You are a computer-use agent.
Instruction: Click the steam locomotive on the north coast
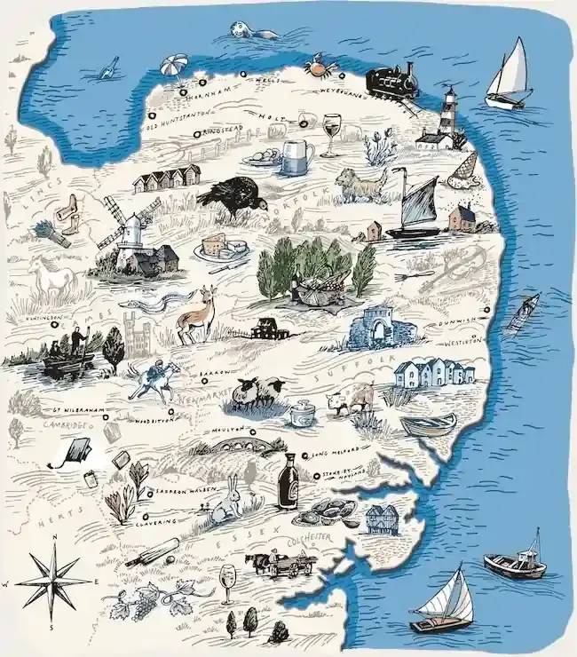point(391,81)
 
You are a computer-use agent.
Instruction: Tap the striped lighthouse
point(448,115)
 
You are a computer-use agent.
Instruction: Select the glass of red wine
point(331,133)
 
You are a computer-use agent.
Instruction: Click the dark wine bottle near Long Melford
point(288,480)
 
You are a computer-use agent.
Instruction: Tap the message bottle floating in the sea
point(108,67)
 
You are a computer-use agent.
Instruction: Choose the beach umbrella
point(174,66)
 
